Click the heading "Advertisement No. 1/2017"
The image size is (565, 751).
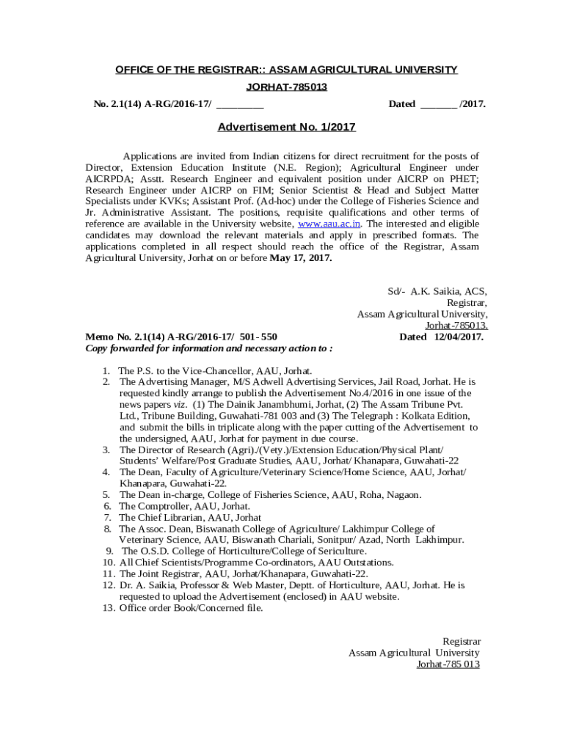point(286,127)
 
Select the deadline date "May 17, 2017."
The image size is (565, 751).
point(301,258)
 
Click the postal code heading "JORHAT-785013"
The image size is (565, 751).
point(286,87)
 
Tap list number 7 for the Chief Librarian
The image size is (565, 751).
point(107,518)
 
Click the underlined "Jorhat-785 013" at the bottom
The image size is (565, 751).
point(448,664)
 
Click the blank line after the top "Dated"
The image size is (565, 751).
point(438,104)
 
